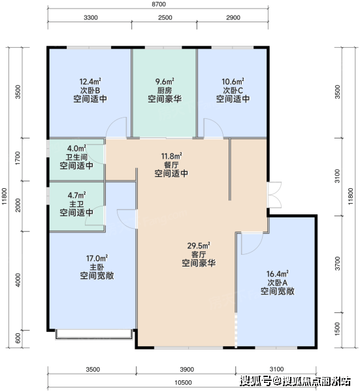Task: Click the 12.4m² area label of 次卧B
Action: [90, 82]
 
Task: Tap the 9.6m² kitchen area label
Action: [165, 82]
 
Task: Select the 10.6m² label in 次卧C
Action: [233, 82]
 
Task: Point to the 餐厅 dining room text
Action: [171, 165]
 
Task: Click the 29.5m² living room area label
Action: [199, 246]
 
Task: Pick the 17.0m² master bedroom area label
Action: [97, 258]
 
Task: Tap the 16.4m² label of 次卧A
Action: [278, 274]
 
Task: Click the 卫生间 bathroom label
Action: [76, 157]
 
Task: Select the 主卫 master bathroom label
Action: [76, 204]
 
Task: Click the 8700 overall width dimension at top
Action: [159, 5]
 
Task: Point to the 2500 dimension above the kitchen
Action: [165, 18]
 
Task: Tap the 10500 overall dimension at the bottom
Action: [183, 383]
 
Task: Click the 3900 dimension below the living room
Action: [187, 370]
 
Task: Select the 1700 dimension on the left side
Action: [18, 158]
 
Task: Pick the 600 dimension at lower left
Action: [18, 338]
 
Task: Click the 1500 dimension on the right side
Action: [337, 329]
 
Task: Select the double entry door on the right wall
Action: [274, 195]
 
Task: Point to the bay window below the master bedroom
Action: [93, 335]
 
